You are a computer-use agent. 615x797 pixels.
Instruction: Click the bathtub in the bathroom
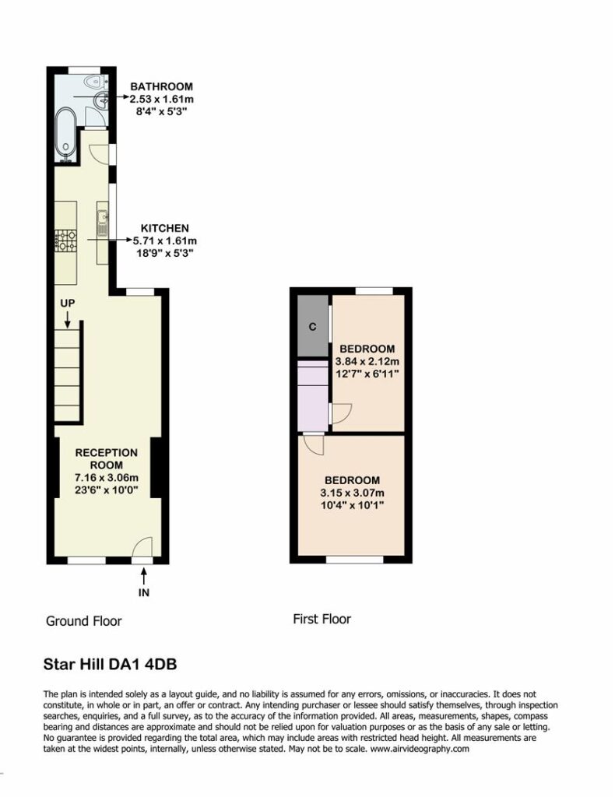66,133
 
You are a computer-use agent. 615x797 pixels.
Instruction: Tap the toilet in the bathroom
96,81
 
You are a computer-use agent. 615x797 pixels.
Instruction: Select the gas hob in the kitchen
66,241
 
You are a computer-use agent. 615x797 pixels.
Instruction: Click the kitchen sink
103,223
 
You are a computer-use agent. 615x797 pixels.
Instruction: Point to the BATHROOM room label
161,86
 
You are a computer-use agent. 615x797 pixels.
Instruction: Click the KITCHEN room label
165,228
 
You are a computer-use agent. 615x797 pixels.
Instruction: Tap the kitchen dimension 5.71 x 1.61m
165,241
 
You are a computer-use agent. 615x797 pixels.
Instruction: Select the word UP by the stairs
68,303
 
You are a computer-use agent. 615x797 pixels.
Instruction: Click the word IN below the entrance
144,592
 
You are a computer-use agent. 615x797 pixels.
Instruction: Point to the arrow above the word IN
144,576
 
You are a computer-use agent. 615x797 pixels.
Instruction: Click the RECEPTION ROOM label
106,458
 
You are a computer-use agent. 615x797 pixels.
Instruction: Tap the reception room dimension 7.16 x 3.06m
106,478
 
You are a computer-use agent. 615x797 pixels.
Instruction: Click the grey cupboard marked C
313,326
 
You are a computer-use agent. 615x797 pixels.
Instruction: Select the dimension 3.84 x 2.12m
367,361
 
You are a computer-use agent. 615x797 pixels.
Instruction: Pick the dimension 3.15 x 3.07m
352,493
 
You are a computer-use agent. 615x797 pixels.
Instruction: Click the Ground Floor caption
84,621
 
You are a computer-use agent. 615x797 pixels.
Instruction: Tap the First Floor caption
322,619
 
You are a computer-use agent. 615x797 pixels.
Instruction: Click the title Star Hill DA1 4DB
111,665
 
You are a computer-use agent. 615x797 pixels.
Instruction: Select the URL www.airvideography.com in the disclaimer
420,749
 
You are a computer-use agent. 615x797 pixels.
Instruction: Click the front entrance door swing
142,547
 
